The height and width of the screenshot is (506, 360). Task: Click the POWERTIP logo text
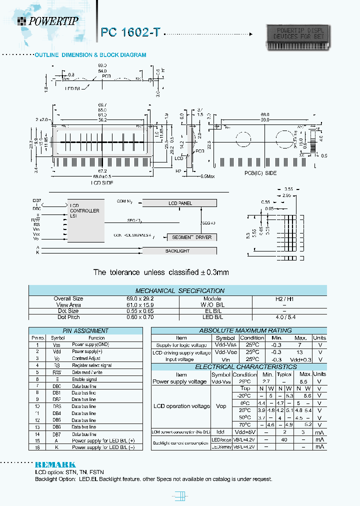tap(53, 20)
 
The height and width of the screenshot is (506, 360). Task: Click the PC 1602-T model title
tap(130, 32)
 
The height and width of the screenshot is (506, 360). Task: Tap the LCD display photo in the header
tap(297, 37)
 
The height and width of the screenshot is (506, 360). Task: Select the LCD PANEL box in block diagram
tap(179, 203)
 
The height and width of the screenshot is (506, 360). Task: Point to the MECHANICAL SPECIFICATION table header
tap(179, 290)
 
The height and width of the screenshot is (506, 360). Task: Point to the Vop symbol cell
tap(220, 406)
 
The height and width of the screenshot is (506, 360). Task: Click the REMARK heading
tap(55, 464)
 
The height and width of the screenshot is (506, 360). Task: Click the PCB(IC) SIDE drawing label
tap(260, 173)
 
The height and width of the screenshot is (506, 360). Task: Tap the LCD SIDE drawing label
tap(102, 183)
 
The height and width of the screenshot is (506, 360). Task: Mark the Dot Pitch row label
tap(68, 317)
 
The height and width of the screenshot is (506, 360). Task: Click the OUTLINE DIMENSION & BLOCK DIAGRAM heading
tap(90, 55)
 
